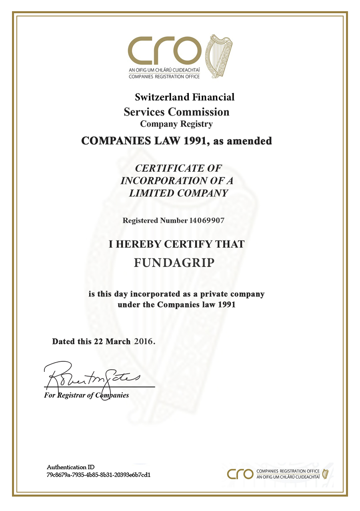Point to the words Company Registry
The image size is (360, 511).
176,124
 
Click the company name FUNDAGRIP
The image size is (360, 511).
174,263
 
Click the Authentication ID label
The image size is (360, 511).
70,467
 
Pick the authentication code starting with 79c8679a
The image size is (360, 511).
98,475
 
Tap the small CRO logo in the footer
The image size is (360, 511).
240,474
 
